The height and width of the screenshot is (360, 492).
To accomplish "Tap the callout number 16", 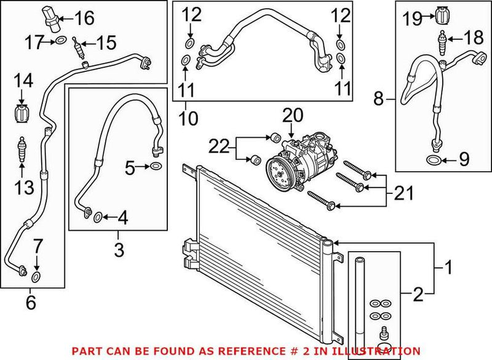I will point(84,18).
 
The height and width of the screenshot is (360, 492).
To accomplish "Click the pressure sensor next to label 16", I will point(53,17).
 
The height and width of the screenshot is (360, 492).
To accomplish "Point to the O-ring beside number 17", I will point(60,41).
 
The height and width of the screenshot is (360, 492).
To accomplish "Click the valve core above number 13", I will point(23,149).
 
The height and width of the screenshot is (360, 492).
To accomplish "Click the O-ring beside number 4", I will point(97,216).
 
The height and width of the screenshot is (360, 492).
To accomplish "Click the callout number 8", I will point(378,98).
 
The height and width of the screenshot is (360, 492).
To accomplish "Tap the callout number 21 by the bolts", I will point(403,195).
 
